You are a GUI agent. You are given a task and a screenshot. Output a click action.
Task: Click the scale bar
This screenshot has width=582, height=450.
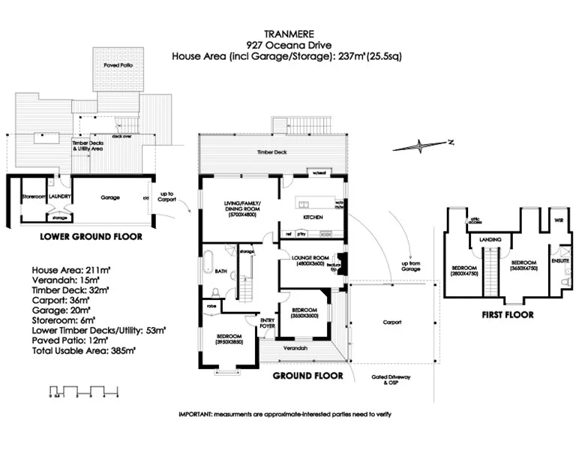82,391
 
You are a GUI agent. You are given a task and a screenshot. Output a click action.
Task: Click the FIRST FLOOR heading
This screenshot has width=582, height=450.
508,315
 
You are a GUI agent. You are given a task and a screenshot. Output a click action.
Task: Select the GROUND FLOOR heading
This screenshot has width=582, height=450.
307,375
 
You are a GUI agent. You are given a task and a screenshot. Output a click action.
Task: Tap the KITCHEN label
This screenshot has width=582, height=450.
313,217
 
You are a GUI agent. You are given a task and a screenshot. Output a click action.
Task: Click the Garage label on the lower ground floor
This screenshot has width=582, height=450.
111,197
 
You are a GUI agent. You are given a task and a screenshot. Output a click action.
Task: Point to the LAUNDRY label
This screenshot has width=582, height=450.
61,197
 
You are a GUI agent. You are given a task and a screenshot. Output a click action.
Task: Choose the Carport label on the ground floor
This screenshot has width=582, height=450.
391,322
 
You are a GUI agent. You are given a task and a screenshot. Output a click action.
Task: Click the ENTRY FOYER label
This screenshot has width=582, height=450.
268,323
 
